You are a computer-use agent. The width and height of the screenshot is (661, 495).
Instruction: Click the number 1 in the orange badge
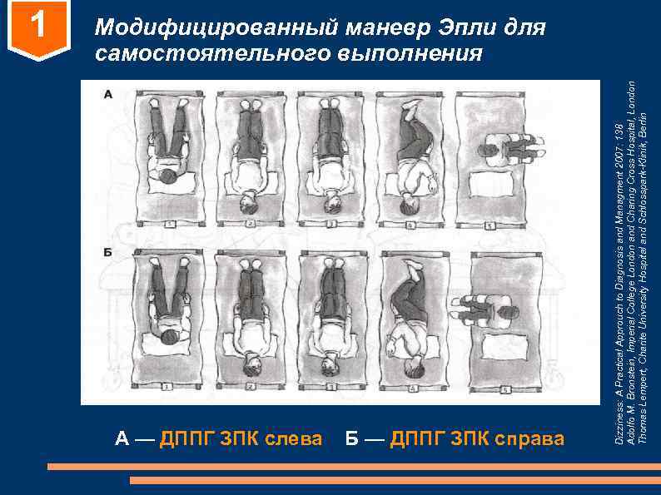(x=35, y=27)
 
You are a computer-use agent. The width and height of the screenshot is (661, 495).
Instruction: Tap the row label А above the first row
(x=109, y=94)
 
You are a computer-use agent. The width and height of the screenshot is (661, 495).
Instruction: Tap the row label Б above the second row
(x=109, y=251)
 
